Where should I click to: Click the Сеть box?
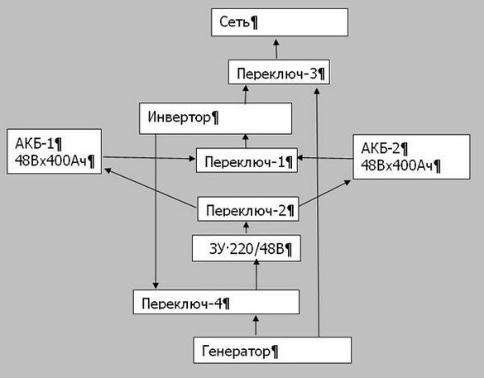(280, 22)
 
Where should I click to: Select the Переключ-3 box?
(279, 72)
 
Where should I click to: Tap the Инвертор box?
(215, 118)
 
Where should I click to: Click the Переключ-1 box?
(247, 160)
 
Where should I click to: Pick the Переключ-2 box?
(248, 209)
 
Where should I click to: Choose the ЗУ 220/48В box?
(247, 248)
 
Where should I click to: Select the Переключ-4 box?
(217, 302)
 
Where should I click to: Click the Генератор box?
(272, 350)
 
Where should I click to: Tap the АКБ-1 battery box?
(55, 151)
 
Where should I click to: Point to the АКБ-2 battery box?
(411, 157)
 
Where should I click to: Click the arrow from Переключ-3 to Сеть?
(276, 49)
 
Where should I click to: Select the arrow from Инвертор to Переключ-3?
(246, 94)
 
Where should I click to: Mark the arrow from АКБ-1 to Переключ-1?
(149, 158)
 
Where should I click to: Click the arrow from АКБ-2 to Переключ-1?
(325, 158)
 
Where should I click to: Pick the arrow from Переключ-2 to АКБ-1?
(151, 188)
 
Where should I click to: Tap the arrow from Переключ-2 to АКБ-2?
(325, 193)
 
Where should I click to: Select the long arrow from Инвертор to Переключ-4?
(156, 212)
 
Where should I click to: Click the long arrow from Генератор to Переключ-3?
(318, 213)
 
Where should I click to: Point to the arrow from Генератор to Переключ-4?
(256, 325)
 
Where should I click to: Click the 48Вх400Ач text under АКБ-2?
(400, 166)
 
